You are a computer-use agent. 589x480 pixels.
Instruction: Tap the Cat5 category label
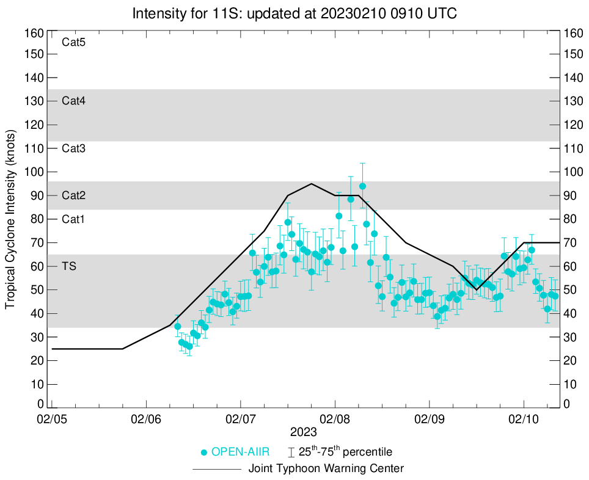[x=73, y=43]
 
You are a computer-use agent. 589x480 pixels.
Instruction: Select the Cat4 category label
[x=73, y=101]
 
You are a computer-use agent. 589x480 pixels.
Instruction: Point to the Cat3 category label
[x=73, y=148]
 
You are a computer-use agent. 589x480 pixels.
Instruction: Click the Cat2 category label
[x=73, y=195]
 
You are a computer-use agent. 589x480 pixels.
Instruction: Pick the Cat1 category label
[x=73, y=219]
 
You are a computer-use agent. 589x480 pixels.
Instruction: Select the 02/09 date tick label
[x=430, y=420]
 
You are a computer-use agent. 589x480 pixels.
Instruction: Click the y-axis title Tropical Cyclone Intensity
[x=10, y=218]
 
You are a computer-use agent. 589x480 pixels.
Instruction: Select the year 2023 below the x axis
[x=304, y=432]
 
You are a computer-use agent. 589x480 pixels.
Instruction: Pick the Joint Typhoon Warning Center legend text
[x=326, y=469]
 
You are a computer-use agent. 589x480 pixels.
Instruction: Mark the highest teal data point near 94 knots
[x=362, y=186]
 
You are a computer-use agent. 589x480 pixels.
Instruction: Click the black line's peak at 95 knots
[x=312, y=184]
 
